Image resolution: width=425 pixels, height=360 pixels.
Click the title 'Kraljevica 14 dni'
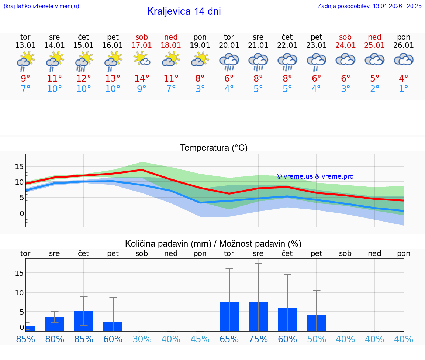[184, 11]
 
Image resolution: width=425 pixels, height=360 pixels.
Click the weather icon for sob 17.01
[142, 59]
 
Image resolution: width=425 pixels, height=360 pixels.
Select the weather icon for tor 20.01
[229, 61]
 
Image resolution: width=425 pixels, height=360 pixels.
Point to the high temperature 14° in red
[142, 78]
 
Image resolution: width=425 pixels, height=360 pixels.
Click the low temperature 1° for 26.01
[404, 89]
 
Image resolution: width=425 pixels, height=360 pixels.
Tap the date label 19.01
[200, 45]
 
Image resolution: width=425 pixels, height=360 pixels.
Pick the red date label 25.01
[374, 45]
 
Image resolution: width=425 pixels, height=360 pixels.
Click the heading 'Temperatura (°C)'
[214, 148]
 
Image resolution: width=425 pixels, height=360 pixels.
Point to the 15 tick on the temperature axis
[19, 167]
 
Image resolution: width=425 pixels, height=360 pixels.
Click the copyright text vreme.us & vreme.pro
[315, 176]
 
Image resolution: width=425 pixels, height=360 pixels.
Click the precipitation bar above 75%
[258, 316]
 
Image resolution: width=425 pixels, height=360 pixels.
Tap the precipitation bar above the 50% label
[317, 323]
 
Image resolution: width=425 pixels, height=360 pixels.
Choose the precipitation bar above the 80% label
[55, 324]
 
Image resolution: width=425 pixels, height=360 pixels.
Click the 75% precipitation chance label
[258, 339]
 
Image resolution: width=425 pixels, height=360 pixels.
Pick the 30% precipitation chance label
[142, 339]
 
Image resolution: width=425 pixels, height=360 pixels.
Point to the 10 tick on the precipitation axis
[19, 292]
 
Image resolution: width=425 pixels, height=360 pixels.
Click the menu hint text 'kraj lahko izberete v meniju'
[41, 6]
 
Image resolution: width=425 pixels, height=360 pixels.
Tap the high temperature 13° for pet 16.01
[113, 78]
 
